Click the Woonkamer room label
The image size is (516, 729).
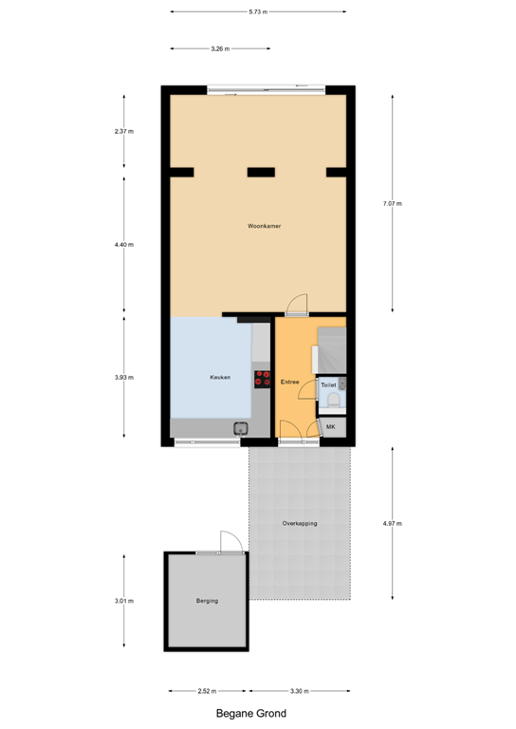click(x=264, y=226)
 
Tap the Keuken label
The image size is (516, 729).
click(x=220, y=378)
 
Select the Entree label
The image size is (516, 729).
click(x=290, y=382)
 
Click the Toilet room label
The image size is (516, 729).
click(x=328, y=385)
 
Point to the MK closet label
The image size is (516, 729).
click(x=331, y=428)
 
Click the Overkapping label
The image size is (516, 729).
click(x=300, y=523)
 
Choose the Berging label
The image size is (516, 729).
click(x=207, y=601)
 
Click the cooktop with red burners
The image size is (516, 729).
click(x=262, y=379)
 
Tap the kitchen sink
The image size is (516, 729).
click(x=241, y=428)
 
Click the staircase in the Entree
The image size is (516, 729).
click(x=331, y=350)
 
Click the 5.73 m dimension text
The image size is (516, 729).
click(x=258, y=11)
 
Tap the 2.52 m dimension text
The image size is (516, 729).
click(x=208, y=691)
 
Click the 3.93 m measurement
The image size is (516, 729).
click(x=124, y=377)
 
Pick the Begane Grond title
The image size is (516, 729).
click(x=250, y=713)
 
